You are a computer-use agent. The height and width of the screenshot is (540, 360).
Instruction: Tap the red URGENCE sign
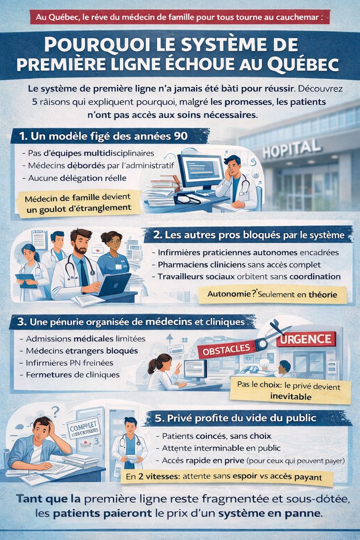coord(306,339)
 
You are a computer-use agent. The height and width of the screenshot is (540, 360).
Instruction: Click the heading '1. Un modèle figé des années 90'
coord(100,135)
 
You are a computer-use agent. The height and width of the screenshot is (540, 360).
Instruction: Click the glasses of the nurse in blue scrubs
coord(114,241)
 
